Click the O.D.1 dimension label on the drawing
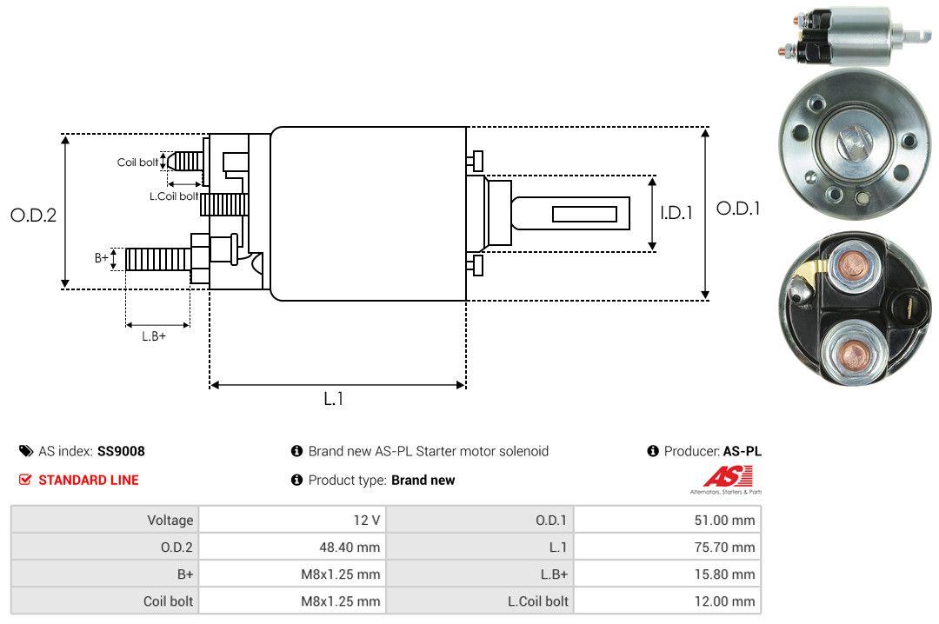pyautogui.click(x=737, y=209)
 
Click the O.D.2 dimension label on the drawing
pyautogui.click(x=33, y=216)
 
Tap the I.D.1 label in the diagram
pyautogui.click(x=676, y=212)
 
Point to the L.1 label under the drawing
pyautogui.click(x=334, y=399)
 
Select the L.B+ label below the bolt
pyautogui.click(x=154, y=335)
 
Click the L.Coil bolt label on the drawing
pyautogui.click(x=174, y=196)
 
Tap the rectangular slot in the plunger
pyautogui.click(x=584, y=214)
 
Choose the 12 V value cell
pyautogui.click(x=364, y=521)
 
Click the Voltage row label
pyautogui.click(x=170, y=521)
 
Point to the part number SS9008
pyautogui.click(x=121, y=451)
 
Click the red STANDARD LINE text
pyautogui.click(x=88, y=480)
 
